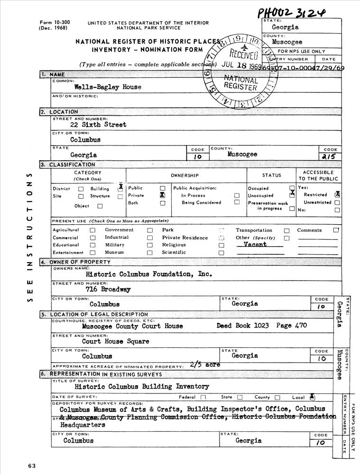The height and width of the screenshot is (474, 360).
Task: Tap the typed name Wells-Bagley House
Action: (108, 87)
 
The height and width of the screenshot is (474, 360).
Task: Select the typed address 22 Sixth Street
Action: (98, 125)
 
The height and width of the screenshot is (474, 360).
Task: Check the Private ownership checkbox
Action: (163, 195)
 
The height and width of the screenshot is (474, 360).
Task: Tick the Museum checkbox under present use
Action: (150, 253)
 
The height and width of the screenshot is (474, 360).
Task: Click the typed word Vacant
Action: (255, 245)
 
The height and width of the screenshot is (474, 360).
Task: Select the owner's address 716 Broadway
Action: (108, 289)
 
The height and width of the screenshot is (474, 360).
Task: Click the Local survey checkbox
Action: (312, 397)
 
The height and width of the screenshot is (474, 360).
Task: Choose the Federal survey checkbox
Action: (203, 397)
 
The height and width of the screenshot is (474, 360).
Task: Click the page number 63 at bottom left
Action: (32, 465)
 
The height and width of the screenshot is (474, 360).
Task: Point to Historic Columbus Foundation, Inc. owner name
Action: (148, 274)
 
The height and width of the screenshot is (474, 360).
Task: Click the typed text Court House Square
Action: (116, 341)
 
